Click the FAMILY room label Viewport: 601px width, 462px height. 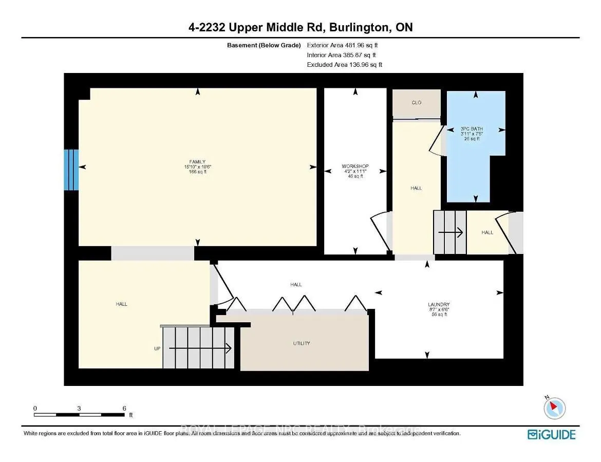(x=197, y=162)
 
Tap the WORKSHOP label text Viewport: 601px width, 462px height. (x=355, y=167)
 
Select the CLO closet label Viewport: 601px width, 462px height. (x=416, y=103)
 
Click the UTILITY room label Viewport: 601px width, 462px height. (x=301, y=343)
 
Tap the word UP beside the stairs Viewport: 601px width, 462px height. (x=157, y=348)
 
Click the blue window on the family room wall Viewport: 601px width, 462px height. (x=71, y=170)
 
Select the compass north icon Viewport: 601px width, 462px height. (x=554, y=408)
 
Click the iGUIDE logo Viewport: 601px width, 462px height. (x=551, y=435)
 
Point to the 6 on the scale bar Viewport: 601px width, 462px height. (x=124, y=408)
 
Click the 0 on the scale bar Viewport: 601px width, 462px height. (x=35, y=408)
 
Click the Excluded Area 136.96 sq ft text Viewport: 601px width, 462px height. (x=345, y=65)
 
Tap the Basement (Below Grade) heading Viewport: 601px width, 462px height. (x=264, y=45)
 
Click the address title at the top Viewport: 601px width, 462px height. (x=300, y=27)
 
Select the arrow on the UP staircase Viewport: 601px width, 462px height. (x=200, y=349)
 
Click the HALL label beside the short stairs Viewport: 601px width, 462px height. (x=487, y=232)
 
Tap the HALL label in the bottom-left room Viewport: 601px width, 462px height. (x=121, y=304)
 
